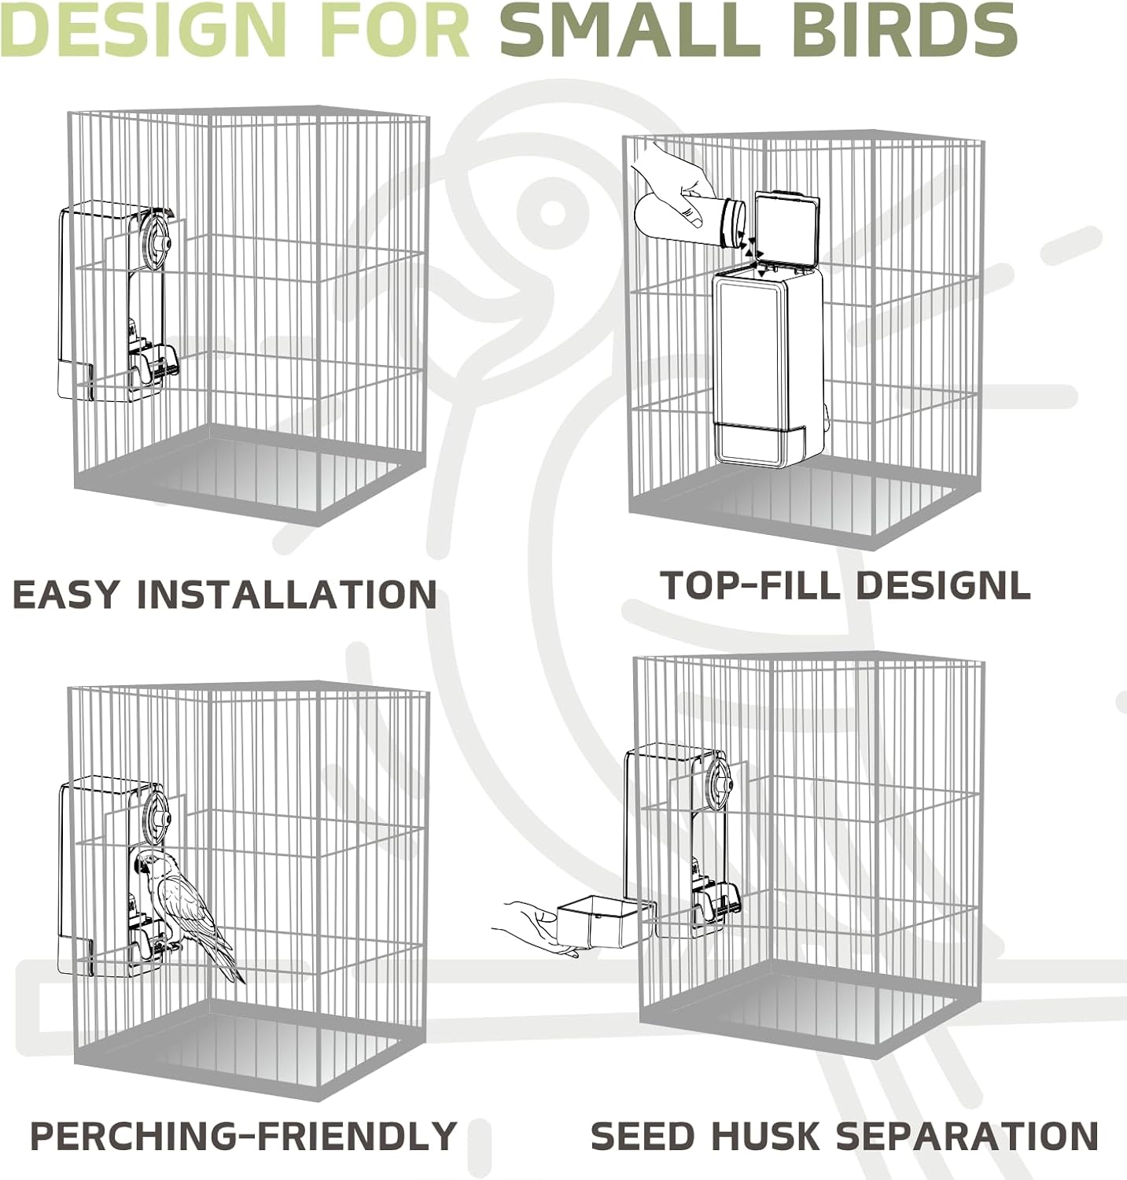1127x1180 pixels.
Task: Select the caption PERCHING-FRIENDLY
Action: click(243, 1136)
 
